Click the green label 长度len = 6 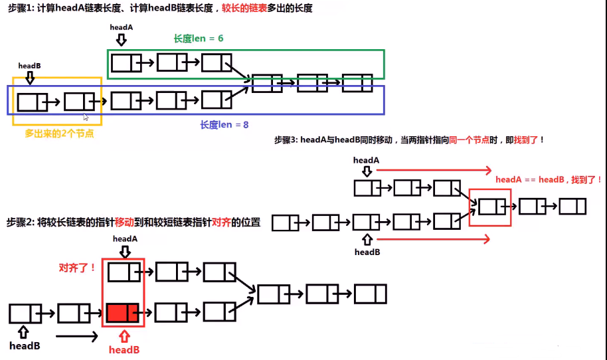click(199, 39)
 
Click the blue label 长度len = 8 click(224, 124)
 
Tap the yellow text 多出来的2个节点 click(59, 134)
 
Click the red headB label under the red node click(124, 349)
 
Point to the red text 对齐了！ click(78, 268)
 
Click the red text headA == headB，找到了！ click(549, 179)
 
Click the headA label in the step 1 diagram click(122, 27)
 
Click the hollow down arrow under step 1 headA click(121, 40)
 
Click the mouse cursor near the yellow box click(86, 117)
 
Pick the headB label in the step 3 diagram click(367, 252)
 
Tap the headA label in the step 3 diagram click(366, 160)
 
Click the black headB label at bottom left click(25, 345)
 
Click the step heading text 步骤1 click(19, 9)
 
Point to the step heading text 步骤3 click(286, 140)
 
